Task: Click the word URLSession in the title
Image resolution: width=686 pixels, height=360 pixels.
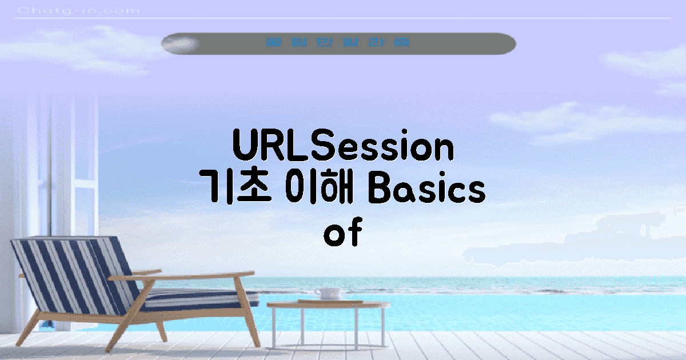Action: point(343,147)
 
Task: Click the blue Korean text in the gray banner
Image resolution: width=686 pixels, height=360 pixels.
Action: point(338,43)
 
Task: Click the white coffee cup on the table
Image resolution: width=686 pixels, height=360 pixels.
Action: point(328,294)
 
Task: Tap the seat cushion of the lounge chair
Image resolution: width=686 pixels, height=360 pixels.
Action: point(194,298)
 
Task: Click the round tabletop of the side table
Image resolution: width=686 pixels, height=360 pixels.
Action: point(329,305)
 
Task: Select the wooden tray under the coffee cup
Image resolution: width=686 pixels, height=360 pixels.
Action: point(330,301)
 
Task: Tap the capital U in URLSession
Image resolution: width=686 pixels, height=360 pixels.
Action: point(246,147)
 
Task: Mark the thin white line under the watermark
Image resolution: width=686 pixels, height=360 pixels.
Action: point(343,19)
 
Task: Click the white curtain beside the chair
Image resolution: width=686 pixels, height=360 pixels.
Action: point(40,171)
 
